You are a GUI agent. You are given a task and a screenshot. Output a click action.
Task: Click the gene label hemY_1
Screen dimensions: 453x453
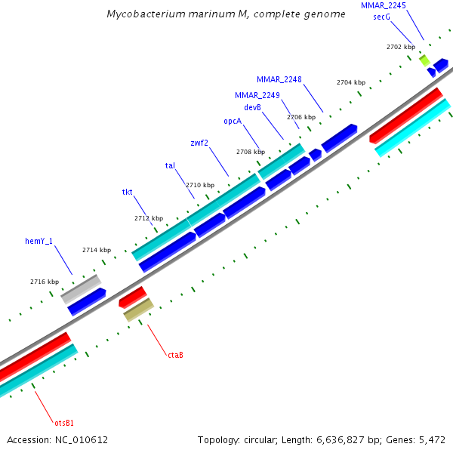[x=39, y=242]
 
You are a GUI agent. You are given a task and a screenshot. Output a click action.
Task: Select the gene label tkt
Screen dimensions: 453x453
[x=128, y=193]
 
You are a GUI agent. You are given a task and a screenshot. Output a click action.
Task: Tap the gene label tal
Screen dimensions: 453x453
[x=170, y=165]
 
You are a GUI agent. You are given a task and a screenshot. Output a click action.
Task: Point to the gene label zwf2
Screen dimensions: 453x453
[x=199, y=142]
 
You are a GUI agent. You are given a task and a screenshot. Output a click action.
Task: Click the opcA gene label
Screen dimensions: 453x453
[x=233, y=121]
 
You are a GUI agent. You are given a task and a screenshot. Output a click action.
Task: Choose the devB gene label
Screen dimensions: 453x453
[x=252, y=107]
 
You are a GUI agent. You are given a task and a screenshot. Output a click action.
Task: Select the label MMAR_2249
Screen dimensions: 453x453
[x=257, y=95]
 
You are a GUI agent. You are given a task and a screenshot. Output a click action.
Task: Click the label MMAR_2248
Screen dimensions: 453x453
[x=279, y=79]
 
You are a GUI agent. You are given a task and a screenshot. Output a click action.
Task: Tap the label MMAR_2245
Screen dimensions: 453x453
[x=383, y=5]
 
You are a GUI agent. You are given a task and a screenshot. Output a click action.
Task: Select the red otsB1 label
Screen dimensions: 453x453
[x=64, y=422]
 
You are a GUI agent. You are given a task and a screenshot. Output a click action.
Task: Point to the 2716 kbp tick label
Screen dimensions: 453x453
[x=45, y=282]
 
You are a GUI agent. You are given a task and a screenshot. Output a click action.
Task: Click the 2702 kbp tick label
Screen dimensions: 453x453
[x=401, y=47]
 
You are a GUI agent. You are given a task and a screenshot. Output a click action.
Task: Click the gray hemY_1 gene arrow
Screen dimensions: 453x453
[x=81, y=289]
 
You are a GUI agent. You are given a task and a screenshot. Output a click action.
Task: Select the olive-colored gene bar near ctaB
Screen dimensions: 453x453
[x=139, y=309]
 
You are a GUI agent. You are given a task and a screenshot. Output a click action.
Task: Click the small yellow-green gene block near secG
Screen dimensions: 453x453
[x=425, y=60]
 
